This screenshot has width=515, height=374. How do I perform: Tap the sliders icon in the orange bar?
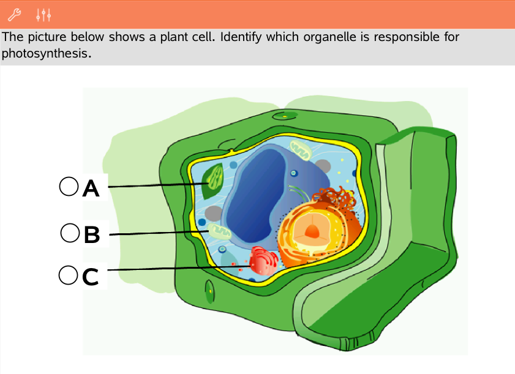(43, 13)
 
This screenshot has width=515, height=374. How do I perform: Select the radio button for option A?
(69, 185)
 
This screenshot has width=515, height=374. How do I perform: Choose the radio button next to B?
(70, 233)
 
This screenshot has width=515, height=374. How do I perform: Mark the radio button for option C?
(68, 275)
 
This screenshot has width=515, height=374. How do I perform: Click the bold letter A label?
(91, 189)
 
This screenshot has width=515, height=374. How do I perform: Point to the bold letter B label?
(91, 234)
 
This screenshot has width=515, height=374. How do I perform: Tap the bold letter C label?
(90, 277)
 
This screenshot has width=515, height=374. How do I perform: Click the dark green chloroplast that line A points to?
(214, 181)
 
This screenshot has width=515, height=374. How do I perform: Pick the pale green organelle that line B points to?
(218, 231)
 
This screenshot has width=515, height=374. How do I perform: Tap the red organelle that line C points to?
(264, 261)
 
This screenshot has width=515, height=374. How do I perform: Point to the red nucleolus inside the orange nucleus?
(312, 231)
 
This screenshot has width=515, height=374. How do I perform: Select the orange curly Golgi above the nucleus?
(334, 199)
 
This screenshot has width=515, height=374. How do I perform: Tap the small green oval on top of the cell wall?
(285, 115)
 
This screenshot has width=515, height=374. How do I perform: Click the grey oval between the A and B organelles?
(214, 213)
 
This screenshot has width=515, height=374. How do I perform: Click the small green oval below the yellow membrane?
(210, 290)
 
